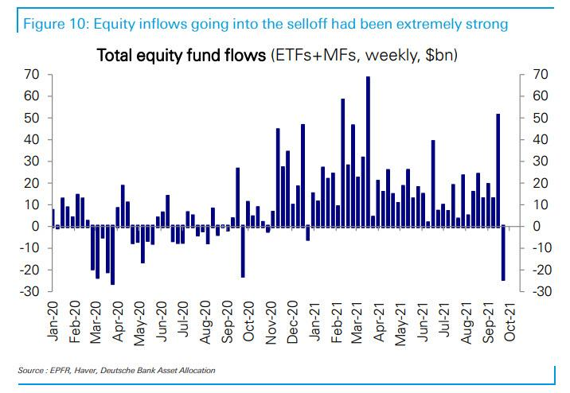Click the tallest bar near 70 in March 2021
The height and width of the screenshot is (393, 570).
tap(368, 151)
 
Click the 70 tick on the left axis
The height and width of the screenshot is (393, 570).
tap(33, 75)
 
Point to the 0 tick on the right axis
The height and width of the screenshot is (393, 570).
tap(535, 227)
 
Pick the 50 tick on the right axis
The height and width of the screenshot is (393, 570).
tap(538, 118)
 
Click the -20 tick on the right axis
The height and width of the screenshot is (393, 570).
tap(540, 270)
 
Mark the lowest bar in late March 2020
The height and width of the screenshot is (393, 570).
tap(112, 255)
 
